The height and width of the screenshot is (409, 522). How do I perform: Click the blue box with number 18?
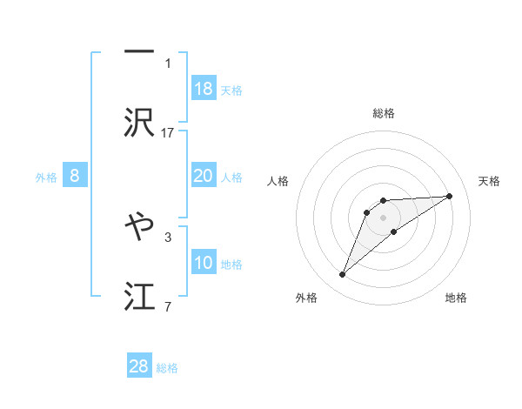click(204, 89)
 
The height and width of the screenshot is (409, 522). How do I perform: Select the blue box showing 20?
click(204, 176)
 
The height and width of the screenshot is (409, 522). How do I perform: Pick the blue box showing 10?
click(204, 263)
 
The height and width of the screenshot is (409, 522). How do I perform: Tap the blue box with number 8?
click(75, 176)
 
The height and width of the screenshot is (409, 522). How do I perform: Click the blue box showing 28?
click(139, 366)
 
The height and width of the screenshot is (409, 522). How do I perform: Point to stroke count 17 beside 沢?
click(168, 132)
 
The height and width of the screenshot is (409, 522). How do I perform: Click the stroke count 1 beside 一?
click(168, 63)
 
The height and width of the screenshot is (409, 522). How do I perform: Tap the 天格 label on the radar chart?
click(489, 181)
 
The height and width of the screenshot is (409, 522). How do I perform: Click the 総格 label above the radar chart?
click(384, 113)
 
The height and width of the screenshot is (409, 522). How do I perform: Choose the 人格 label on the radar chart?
click(278, 181)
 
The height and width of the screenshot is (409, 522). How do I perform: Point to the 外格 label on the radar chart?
click(306, 298)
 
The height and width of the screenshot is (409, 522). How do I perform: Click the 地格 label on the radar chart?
click(456, 298)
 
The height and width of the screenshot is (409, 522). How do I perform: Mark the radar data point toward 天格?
click(450, 196)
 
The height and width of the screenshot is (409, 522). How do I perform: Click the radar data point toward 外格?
click(343, 275)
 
